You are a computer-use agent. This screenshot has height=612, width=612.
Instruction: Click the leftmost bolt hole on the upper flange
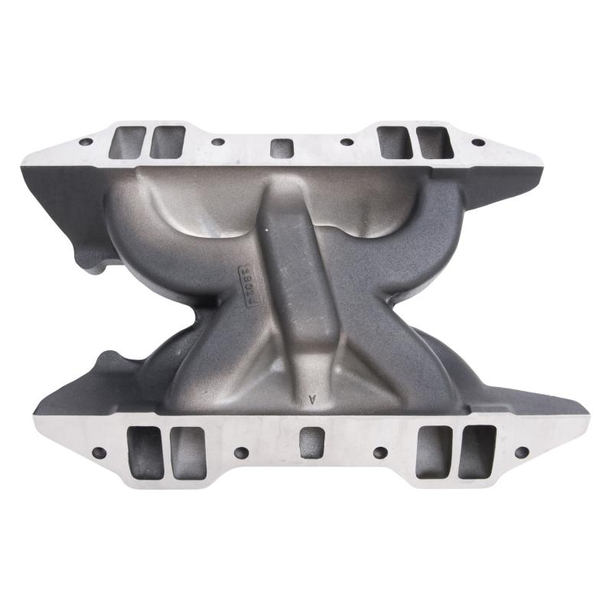(86, 142)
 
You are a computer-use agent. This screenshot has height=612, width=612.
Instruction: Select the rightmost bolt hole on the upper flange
(478, 142)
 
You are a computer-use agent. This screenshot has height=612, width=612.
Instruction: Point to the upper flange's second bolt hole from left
(218, 142)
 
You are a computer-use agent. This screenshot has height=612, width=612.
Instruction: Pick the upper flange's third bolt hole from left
(347, 142)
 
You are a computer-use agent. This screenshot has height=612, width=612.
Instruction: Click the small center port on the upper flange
(282, 147)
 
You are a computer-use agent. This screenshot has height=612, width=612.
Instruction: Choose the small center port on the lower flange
(311, 443)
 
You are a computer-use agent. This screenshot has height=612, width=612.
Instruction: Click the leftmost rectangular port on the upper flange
(128, 143)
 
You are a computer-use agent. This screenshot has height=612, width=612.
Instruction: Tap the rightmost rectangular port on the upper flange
(433, 142)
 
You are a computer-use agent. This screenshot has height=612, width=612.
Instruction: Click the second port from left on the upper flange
(167, 142)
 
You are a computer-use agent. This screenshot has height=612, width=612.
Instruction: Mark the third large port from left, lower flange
(434, 452)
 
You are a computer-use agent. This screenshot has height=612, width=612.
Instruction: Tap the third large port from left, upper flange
(395, 142)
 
